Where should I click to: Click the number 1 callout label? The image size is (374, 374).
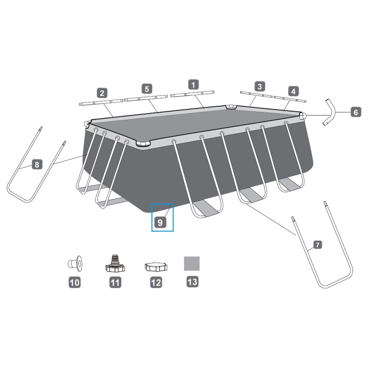tap(193, 85)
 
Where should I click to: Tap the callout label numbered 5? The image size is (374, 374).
tap(147, 88)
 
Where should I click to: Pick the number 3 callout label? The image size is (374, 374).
tap(259, 86)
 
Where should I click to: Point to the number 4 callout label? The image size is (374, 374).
tap(293, 91)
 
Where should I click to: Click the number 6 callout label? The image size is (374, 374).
tap(355, 112)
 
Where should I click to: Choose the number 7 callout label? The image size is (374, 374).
tap(317, 245)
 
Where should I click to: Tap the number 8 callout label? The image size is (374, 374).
tap(37, 164)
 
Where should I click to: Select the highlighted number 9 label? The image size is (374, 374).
tap(160, 223)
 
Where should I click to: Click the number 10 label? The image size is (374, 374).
tap(74, 282)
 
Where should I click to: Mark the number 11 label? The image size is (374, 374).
tap(115, 282)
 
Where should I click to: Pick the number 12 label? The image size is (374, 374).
tap(156, 282)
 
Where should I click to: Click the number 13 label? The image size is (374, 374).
tap(192, 282)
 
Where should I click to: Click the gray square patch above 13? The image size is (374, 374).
tap(192, 263)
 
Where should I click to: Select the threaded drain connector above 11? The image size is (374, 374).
tap(115, 264)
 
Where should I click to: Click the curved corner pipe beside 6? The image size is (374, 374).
tap(330, 112)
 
